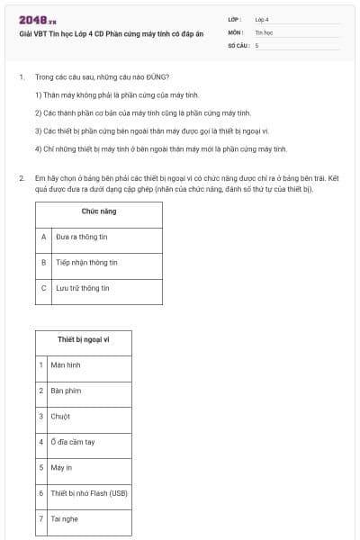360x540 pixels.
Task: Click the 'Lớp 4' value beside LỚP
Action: pos(262,19)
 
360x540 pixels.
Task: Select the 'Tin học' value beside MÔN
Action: pos(263,31)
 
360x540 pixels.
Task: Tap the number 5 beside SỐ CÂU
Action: pos(256,44)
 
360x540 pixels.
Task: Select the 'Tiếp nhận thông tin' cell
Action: pos(86,263)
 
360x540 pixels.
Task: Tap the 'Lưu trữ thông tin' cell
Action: pos(83,288)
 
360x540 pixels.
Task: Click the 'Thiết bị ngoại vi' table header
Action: pos(84,340)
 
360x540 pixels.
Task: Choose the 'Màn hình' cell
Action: pos(66,365)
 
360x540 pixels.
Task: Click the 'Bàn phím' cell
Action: pos(66,391)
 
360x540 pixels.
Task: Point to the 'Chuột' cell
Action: pos(61,417)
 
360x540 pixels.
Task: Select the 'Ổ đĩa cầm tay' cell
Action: pos(73,442)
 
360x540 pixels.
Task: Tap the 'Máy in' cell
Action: pos(62,468)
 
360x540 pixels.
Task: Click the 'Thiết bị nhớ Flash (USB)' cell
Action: pos(89,493)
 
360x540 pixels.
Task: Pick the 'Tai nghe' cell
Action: pos(64,519)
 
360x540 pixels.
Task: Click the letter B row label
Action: pos(43,263)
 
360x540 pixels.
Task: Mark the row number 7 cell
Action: pos(41,519)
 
